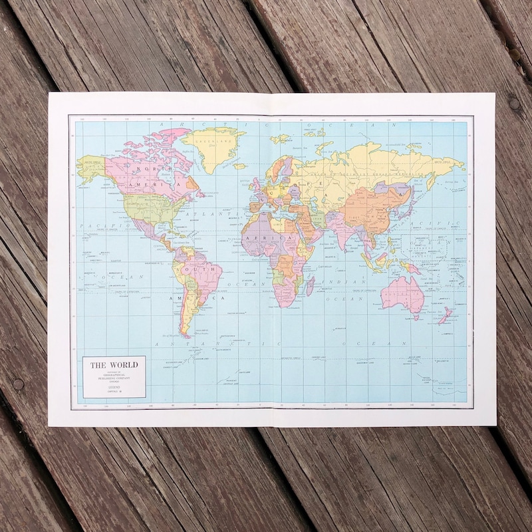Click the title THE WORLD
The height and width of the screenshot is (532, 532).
(114, 364)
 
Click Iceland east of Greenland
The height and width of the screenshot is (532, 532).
(241, 166)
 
